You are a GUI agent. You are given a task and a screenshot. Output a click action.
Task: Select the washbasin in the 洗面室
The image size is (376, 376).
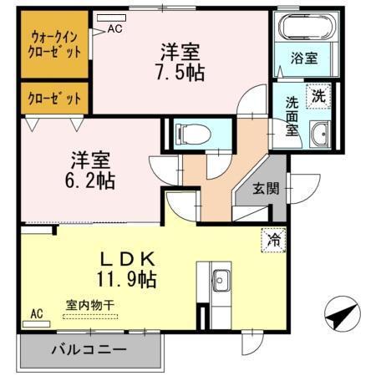320,132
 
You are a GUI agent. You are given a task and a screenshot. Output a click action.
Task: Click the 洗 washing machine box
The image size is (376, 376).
318,95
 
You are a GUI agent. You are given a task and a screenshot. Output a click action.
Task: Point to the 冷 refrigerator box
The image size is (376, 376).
273,239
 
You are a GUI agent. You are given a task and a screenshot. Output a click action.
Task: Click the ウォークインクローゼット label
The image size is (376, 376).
56,43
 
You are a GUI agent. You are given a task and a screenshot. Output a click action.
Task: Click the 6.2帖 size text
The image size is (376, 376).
92,180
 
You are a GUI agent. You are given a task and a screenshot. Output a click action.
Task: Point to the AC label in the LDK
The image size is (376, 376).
37,314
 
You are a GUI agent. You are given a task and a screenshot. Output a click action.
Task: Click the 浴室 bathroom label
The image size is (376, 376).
303,60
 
